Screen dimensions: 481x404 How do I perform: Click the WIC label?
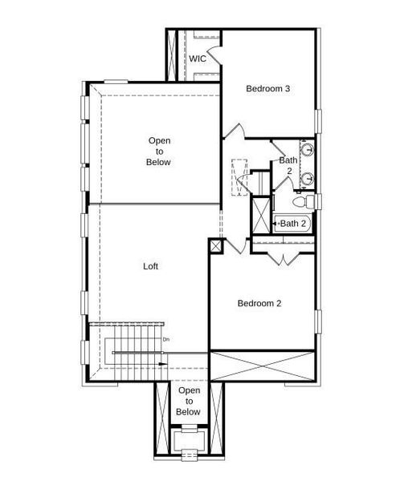pyautogui.click(x=198, y=59)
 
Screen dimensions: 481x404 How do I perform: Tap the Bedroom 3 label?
pyautogui.click(x=267, y=89)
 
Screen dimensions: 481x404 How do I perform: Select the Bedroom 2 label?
pyautogui.click(x=259, y=303)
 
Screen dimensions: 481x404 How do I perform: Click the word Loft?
pyautogui.click(x=150, y=266)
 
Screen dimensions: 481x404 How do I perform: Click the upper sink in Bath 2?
pyautogui.click(x=307, y=150)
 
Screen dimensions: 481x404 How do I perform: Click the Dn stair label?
pyautogui.click(x=166, y=340)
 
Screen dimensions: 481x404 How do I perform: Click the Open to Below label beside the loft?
pyautogui.click(x=158, y=151)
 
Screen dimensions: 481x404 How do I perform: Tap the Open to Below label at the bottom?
pyautogui.click(x=188, y=401)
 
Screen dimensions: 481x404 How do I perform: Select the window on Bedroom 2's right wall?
pyautogui.click(x=317, y=321)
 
